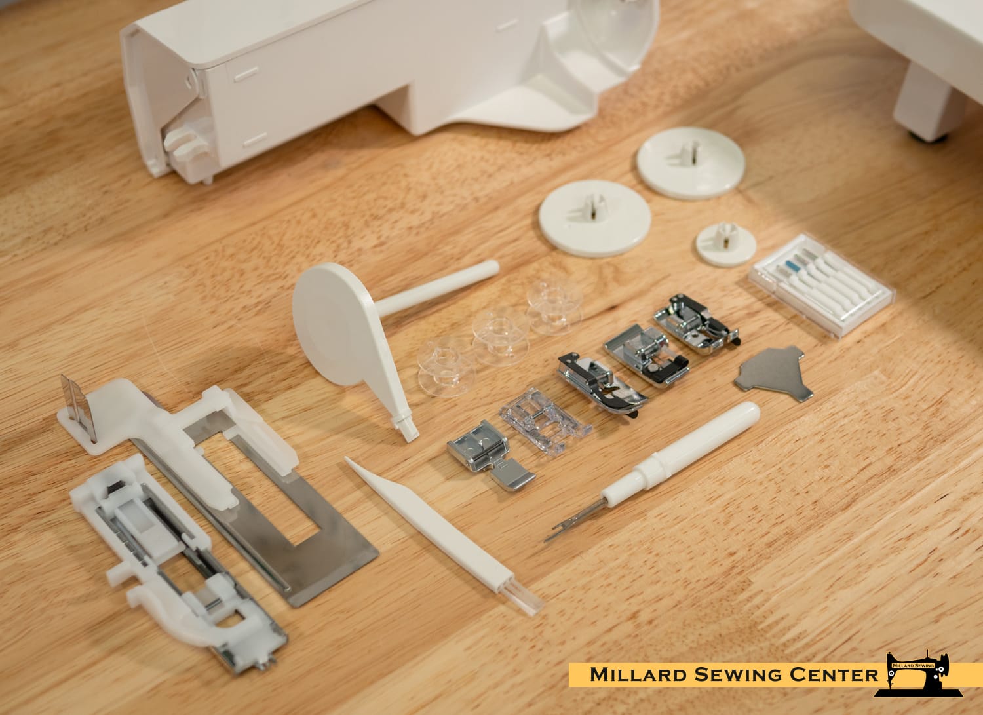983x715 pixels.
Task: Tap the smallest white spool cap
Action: tap(726, 245)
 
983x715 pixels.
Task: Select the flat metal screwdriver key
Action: tap(775, 373)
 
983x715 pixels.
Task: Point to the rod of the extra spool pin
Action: tap(436, 288)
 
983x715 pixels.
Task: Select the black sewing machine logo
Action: tap(919, 674)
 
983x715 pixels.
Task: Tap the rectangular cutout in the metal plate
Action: tap(258, 492)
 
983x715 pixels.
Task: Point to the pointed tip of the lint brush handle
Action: tap(347, 459)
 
